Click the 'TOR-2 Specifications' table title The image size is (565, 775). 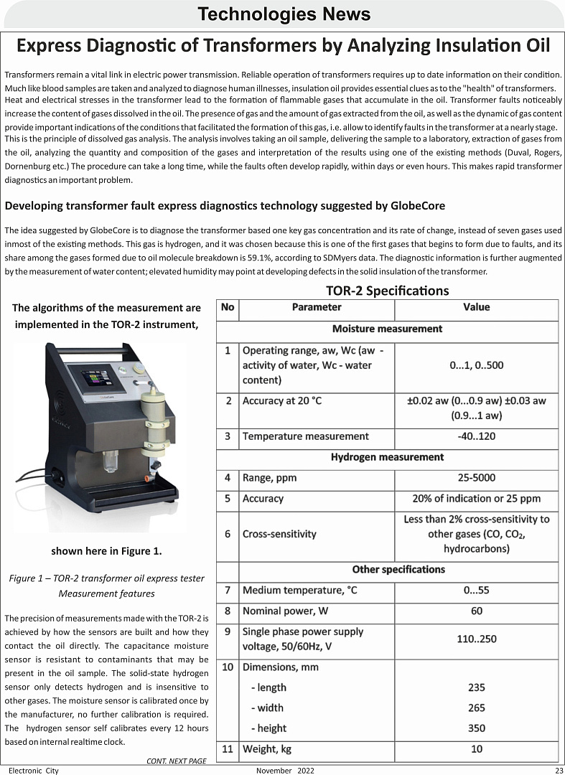387,291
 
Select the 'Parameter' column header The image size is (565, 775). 317,307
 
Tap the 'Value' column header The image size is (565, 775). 476,307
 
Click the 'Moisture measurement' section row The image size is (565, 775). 387,329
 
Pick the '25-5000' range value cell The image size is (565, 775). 476,478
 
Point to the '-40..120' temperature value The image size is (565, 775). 476,436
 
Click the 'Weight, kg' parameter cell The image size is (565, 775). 266,749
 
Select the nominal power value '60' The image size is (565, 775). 476,611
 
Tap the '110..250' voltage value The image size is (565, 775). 476,639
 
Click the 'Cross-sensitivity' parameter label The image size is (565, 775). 279,534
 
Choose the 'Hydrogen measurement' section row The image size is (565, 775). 387,457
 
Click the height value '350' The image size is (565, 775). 476,728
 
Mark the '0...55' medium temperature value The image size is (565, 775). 476,591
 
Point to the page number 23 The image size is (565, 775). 558,770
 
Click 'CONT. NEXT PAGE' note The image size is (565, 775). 176,760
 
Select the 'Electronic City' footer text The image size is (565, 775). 34,770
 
